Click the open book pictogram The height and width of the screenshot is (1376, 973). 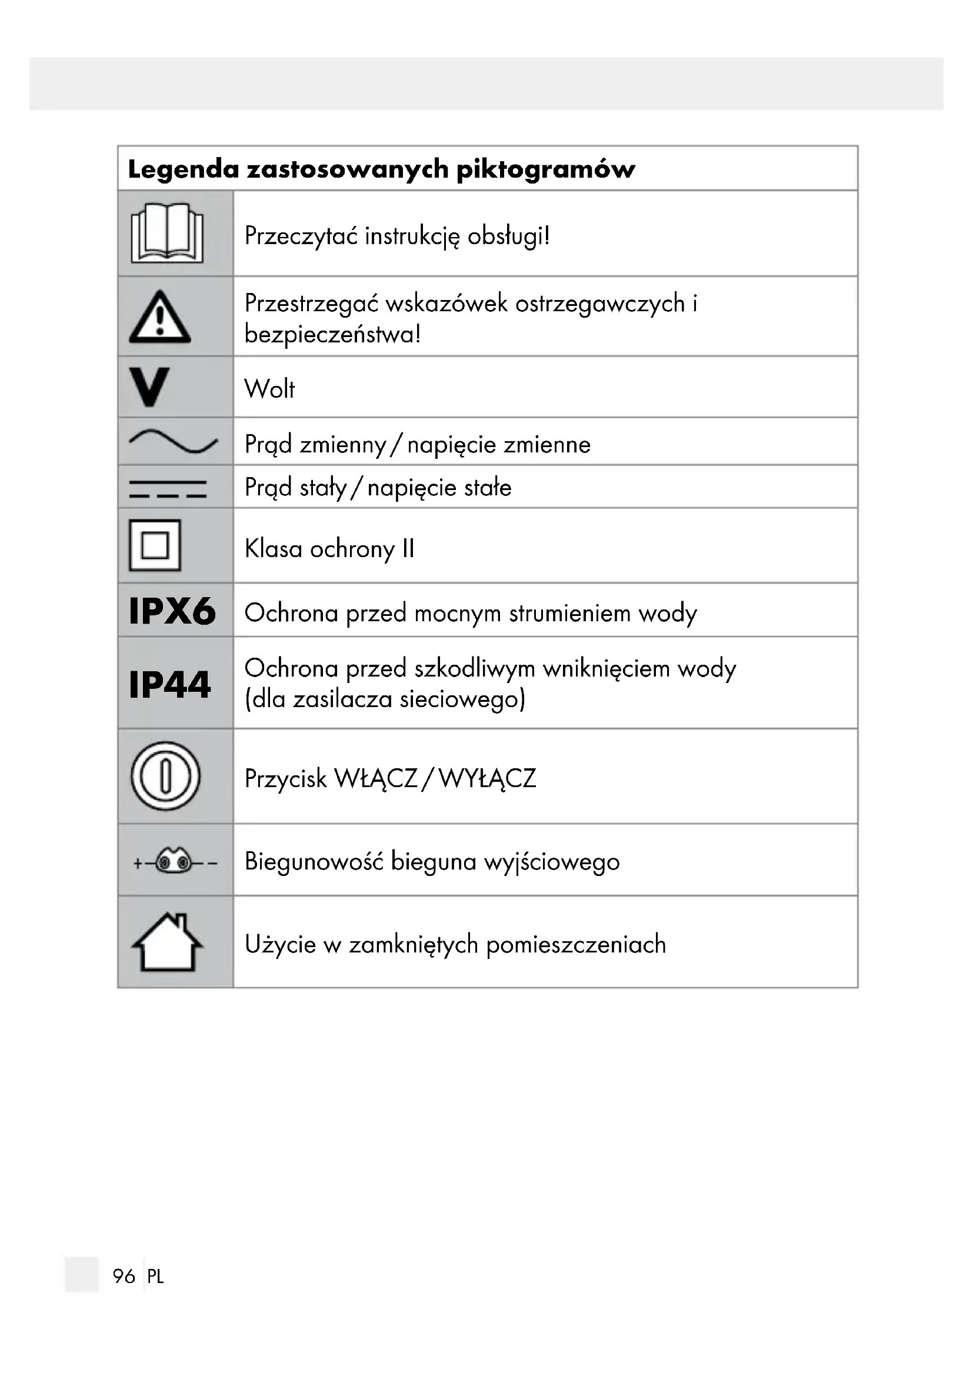point(167,233)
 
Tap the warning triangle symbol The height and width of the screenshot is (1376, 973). point(160,318)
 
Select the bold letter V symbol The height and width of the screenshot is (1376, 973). point(149,387)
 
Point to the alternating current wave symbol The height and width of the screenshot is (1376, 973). point(173,442)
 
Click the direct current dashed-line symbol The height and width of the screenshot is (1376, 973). point(168,489)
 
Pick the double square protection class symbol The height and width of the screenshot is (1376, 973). point(155,545)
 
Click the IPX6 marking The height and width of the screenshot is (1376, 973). point(172,611)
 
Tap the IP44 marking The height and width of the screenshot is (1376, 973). point(170,684)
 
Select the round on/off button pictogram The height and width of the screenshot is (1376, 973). point(165,776)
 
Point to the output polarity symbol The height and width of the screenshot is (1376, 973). point(174,862)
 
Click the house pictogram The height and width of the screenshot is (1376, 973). point(167,942)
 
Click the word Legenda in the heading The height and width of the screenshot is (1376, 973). point(184,169)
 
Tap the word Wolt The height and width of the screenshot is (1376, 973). point(269,389)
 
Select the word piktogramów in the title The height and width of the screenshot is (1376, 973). point(545,169)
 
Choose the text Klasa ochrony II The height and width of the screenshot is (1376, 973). point(329,548)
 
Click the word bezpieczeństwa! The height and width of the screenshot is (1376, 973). point(332,334)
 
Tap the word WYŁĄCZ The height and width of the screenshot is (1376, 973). point(487,778)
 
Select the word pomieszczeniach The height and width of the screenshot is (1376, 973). point(576,945)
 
